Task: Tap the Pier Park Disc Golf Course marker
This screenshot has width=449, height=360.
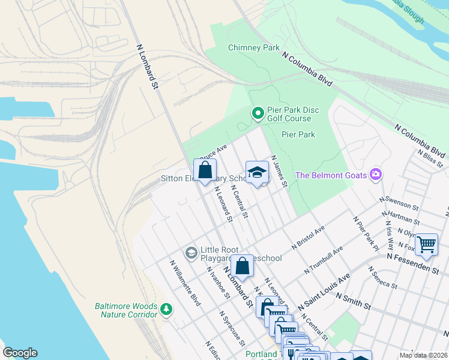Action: (258, 112)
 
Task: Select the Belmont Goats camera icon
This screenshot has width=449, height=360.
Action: (376, 175)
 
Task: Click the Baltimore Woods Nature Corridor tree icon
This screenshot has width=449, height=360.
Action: (166, 310)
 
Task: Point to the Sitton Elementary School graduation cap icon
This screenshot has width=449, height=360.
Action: (257, 172)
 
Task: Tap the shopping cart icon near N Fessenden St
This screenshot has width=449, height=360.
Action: (426, 244)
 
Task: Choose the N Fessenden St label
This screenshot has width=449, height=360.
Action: (413, 263)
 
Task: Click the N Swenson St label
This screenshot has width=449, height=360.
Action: (399, 202)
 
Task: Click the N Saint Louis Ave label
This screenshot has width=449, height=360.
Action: (327, 289)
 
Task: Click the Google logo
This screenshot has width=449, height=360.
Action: (20, 353)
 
